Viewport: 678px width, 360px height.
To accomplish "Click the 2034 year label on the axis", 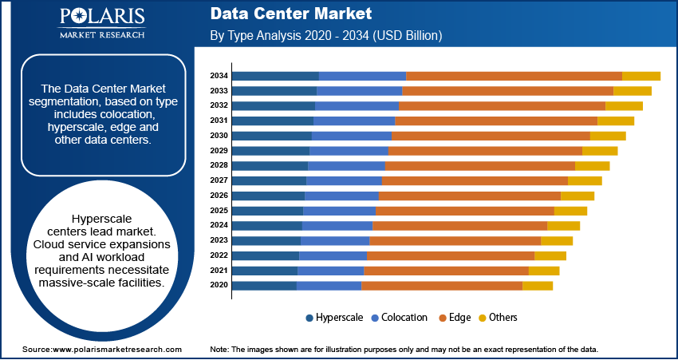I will pos(219,76).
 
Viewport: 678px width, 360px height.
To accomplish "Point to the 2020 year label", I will pos(219,286).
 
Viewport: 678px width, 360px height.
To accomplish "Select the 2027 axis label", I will pos(219,180).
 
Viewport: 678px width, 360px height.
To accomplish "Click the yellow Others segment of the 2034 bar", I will pos(641,76).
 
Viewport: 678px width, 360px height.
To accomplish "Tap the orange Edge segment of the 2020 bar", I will pos(441,286).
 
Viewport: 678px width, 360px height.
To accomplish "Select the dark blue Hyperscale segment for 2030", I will pos(271,136).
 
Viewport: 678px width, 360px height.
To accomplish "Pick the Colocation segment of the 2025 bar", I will pos(339,211).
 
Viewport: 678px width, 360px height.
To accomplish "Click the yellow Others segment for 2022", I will pos(550,255).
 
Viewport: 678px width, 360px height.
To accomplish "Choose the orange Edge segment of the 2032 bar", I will pos(502,105).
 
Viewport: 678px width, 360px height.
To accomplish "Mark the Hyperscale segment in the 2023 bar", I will pos(266,240).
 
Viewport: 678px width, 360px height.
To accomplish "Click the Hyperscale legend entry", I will pos(334,318).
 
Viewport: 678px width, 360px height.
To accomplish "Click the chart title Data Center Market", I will pos(290,14).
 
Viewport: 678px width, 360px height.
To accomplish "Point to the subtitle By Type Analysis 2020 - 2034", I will pos(325,36).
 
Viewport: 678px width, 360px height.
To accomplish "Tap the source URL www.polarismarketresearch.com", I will pos(117,350).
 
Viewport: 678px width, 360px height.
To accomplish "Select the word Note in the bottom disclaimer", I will pos(219,350).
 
